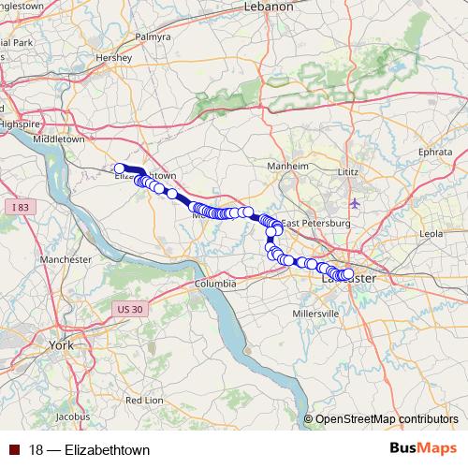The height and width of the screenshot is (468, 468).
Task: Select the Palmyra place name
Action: click(154, 37)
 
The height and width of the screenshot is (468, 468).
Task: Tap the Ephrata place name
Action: click(434, 150)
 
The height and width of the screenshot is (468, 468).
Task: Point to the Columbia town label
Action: click(215, 283)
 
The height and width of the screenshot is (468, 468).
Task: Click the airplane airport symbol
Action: click(354, 203)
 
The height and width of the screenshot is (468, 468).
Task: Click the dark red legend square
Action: click(15, 450)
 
